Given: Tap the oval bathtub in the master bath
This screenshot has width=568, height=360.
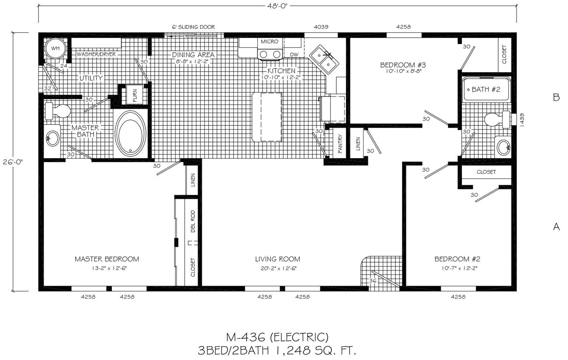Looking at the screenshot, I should pos(130,133).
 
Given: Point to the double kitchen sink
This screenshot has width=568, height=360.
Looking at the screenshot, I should pos(324,59).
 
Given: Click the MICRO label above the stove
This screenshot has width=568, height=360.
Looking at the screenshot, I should pos(270,42).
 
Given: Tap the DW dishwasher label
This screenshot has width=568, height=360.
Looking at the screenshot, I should pos(294,55).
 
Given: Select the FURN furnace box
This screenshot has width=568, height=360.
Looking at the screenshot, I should pos(135,95).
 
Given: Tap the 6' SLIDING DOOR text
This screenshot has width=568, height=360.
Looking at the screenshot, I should pos(194,27).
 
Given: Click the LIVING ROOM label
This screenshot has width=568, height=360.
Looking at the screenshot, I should pos(277,259).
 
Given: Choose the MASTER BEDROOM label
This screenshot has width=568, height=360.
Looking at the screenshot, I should pos(107,259).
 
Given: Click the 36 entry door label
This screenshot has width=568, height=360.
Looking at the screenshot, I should pos(373,280).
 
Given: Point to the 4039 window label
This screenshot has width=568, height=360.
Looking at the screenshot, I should pos(321,27).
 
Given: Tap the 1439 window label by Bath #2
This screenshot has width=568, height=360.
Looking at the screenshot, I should pos(522,120).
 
